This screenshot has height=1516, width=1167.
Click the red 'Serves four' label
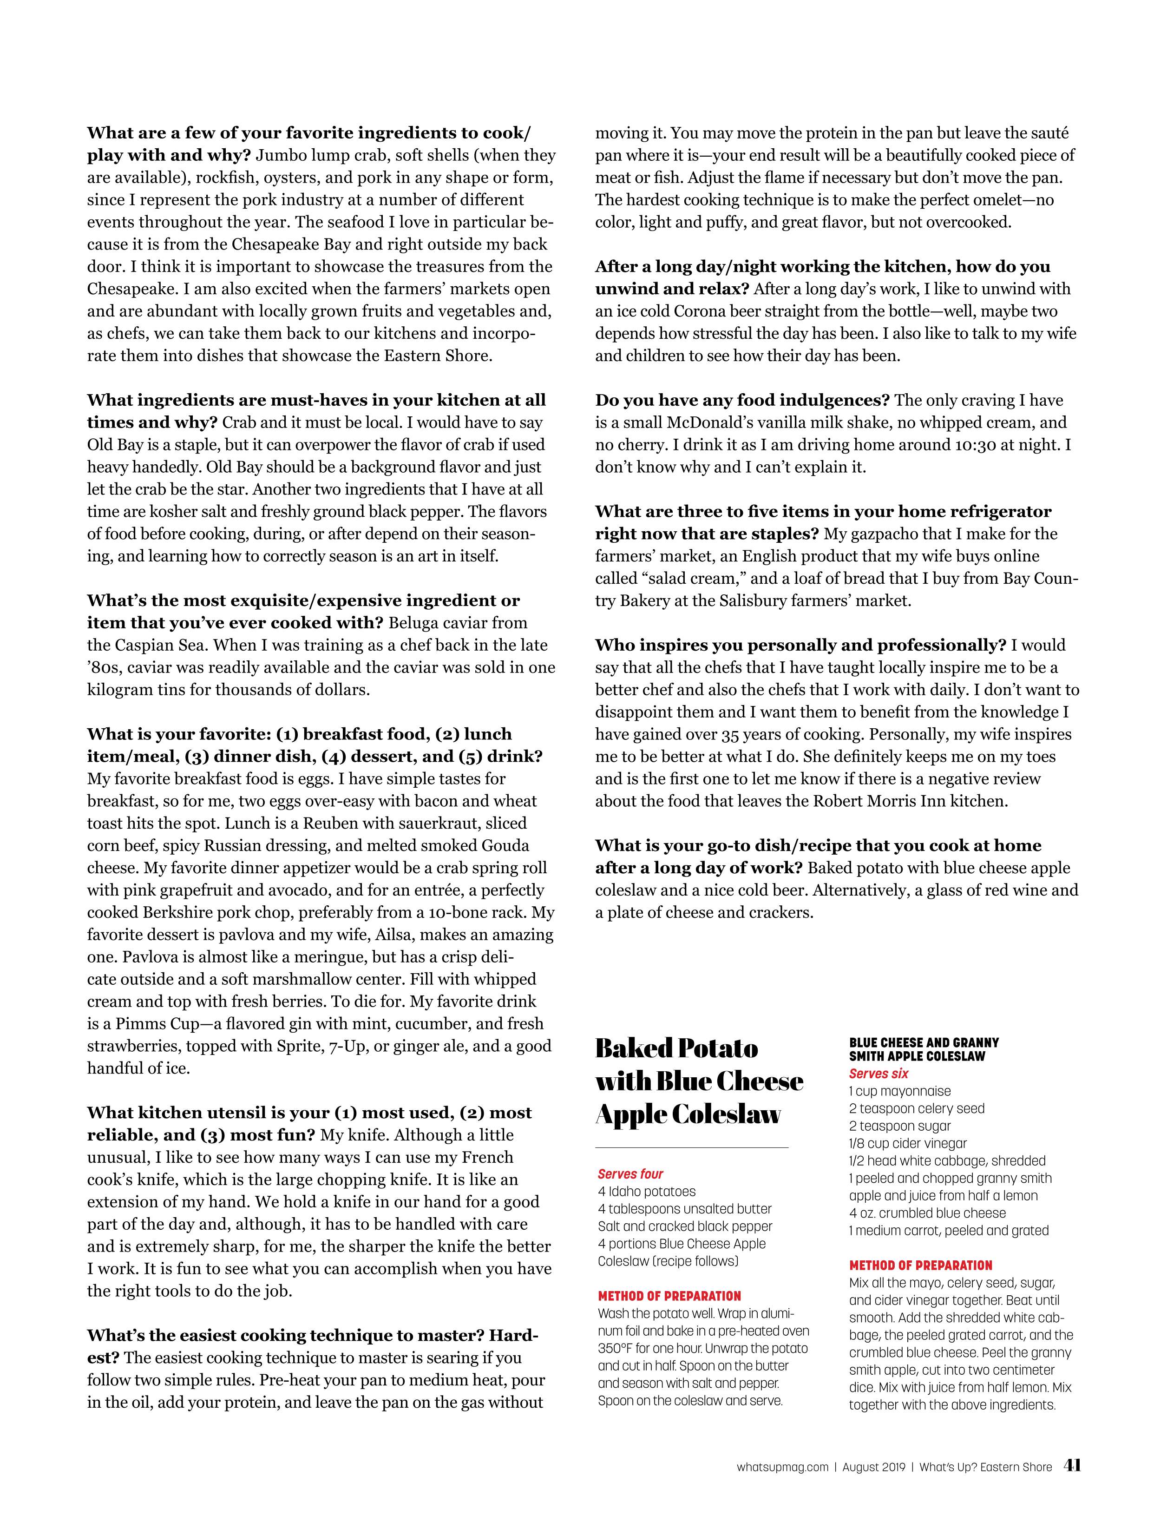pos(630,1174)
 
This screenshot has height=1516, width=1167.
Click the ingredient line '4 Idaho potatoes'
pos(646,1192)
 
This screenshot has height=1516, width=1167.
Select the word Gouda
pos(503,845)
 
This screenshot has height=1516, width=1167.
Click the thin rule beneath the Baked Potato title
pos(692,1147)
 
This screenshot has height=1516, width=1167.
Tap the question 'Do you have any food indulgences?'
pos(742,401)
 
